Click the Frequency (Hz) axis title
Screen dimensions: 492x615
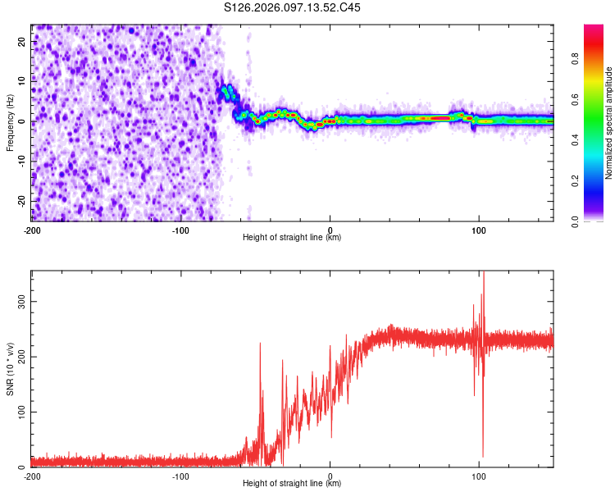pos(10,122)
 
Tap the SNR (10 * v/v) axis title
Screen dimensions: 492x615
pos(10,368)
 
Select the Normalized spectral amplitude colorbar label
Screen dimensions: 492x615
pos(608,123)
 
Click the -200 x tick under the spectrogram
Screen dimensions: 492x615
pos(32,230)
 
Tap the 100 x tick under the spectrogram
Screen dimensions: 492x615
pos(479,230)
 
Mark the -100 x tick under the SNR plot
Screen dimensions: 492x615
pos(180,476)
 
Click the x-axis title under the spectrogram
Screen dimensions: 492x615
pos(292,238)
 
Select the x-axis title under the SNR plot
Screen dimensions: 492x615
pos(292,484)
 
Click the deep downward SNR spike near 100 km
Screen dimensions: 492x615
pos(482,455)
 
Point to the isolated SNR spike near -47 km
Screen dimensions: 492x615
pos(260,344)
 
